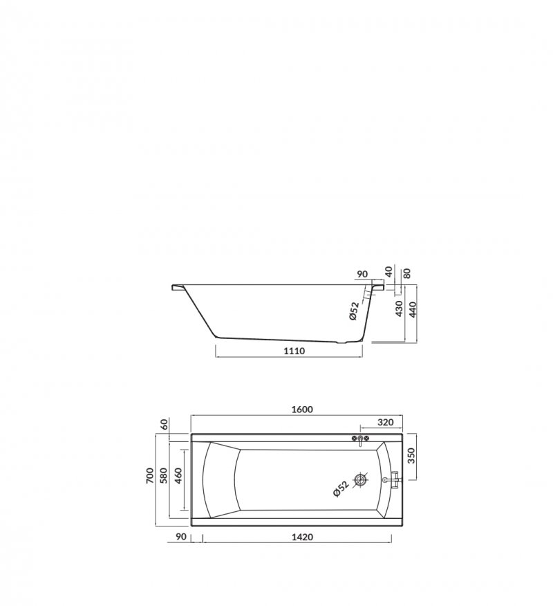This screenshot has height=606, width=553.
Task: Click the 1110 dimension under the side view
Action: coord(294,351)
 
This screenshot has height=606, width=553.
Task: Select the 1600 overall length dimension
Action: coord(302,410)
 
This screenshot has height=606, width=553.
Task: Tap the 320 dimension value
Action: coord(385,422)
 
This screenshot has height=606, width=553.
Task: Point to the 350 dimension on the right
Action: coord(411,455)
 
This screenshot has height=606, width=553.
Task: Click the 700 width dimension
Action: coord(150,475)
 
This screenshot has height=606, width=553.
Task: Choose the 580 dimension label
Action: coord(163,475)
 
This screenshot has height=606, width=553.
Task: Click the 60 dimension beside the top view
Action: coord(164,424)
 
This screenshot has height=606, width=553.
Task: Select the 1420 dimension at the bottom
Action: coord(302,537)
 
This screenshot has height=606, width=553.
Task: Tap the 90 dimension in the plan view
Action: coord(180,537)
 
